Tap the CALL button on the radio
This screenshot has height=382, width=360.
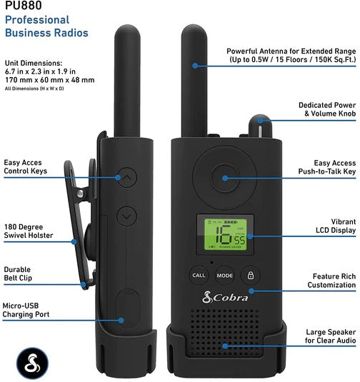coord(198,275)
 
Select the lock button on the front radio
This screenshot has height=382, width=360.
coord(250,275)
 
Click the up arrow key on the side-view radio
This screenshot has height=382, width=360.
coord(126,178)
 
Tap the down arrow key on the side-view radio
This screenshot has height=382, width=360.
coord(126,213)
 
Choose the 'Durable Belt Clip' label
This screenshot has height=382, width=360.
coord(18,275)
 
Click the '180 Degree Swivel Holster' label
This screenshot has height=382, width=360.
coord(29,231)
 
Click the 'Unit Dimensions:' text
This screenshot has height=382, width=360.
coord(33,63)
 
